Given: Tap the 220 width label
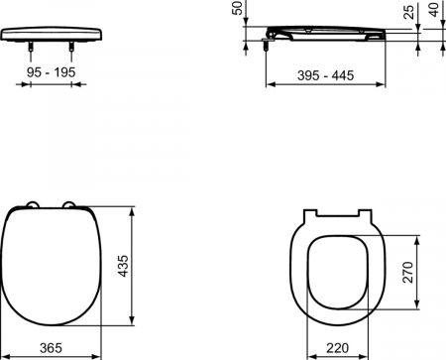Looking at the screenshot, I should coord(338,348).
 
